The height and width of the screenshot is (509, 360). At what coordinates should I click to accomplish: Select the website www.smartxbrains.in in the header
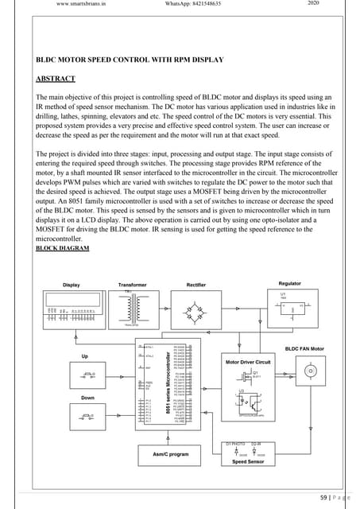pyautogui.click(x=83, y=4)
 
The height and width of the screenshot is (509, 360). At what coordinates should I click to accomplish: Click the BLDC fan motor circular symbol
pyautogui.click(x=312, y=371)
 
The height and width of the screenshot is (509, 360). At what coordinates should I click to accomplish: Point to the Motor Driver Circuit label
pyautogui.click(x=248, y=362)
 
